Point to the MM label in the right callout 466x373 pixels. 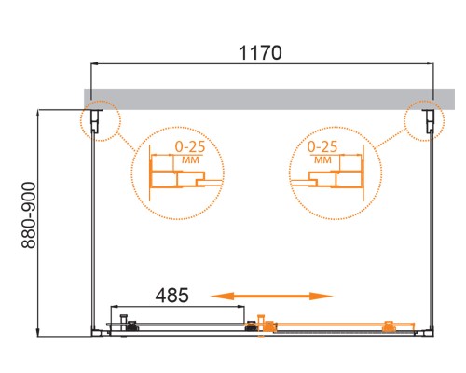pos(322,159)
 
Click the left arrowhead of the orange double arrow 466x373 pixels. pos(217,296)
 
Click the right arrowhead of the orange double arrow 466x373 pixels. pos(327,296)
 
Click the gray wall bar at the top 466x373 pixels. pos(261,98)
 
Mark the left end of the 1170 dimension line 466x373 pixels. pos(90,64)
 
